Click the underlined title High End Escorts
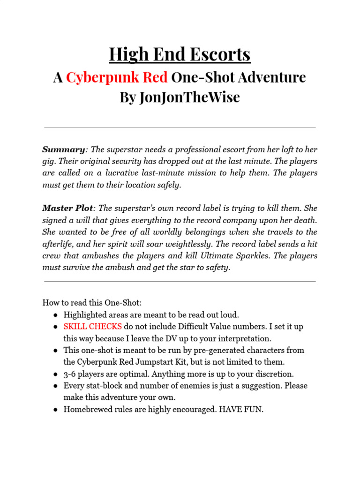coord(180,55)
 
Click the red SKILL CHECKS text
coord(93,326)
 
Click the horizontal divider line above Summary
coord(180,127)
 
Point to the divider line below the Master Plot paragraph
coord(180,282)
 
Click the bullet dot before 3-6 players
coord(55,374)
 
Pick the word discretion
coord(273,374)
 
